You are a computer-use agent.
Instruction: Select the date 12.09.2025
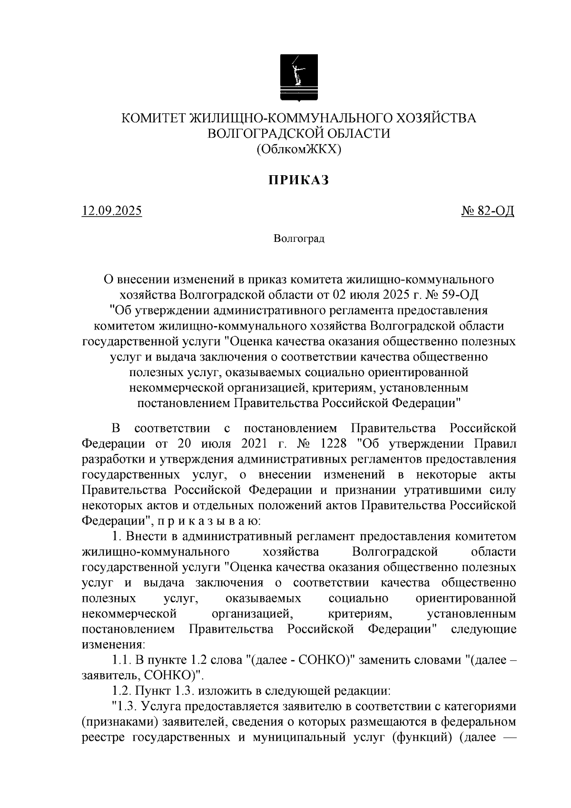click(112, 210)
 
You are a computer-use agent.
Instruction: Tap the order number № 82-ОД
click(488, 210)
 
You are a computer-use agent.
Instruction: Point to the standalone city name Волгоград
click(299, 239)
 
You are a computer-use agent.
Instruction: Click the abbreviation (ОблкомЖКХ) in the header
click(299, 150)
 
